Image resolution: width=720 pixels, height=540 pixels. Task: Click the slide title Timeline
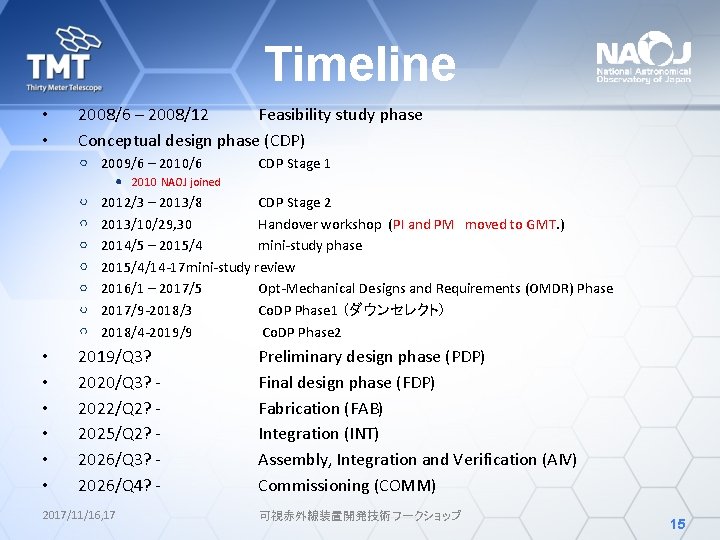click(x=360, y=64)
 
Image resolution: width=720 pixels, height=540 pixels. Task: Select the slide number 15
click(x=677, y=523)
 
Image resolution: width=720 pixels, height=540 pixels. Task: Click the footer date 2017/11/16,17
click(x=79, y=515)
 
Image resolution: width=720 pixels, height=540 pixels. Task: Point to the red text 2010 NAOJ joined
click(x=176, y=182)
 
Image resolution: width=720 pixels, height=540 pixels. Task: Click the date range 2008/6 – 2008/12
click(x=143, y=115)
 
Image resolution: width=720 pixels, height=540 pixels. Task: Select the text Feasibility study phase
click(x=340, y=115)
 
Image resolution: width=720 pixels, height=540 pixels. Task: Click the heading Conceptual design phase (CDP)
click(x=191, y=140)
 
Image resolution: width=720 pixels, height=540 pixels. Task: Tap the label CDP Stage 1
click(x=294, y=163)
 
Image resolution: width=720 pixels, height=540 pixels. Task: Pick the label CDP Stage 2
click(x=294, y=203)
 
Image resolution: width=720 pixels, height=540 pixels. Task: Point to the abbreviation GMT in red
click(x=541, y=224)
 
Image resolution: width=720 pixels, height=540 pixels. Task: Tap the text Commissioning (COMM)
click(x=347, y=486)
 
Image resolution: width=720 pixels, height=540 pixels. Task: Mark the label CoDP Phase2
click(x=301, y=332)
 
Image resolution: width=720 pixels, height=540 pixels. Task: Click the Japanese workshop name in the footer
click(x=359, y=515)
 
